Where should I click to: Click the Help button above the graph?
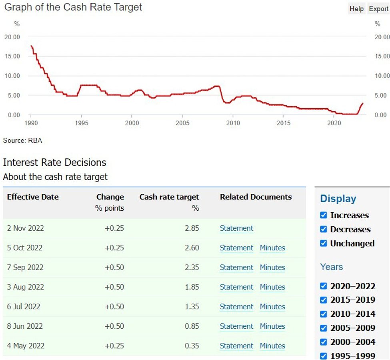[x=356, y=9]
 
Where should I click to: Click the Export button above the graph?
[x=378, y=9]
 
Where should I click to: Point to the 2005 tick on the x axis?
[x=182, y=123]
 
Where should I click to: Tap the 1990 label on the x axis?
[x=31, y=123]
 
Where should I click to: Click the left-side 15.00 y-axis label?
[x=12, y=56]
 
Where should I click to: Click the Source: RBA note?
[x=22, y=141]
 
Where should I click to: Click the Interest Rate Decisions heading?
[x=54, y=162]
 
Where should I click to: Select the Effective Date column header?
[x=33, y=197]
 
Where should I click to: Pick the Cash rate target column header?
[x=169, y=197]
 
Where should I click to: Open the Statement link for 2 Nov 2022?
[x=236, y=228]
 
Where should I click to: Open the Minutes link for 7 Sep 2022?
[x=272, y=267]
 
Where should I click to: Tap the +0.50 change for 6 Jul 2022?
[x=114, y=307]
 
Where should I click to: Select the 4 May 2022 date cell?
[x=26, y=346]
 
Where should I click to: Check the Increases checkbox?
[x=324, y=215]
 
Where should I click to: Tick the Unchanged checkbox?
[x=324, y=243]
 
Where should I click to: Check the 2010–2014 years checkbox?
[x=324, y=314]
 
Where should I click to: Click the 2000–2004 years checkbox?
[x=324, y=342]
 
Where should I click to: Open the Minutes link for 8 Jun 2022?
[x=272, y=326]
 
